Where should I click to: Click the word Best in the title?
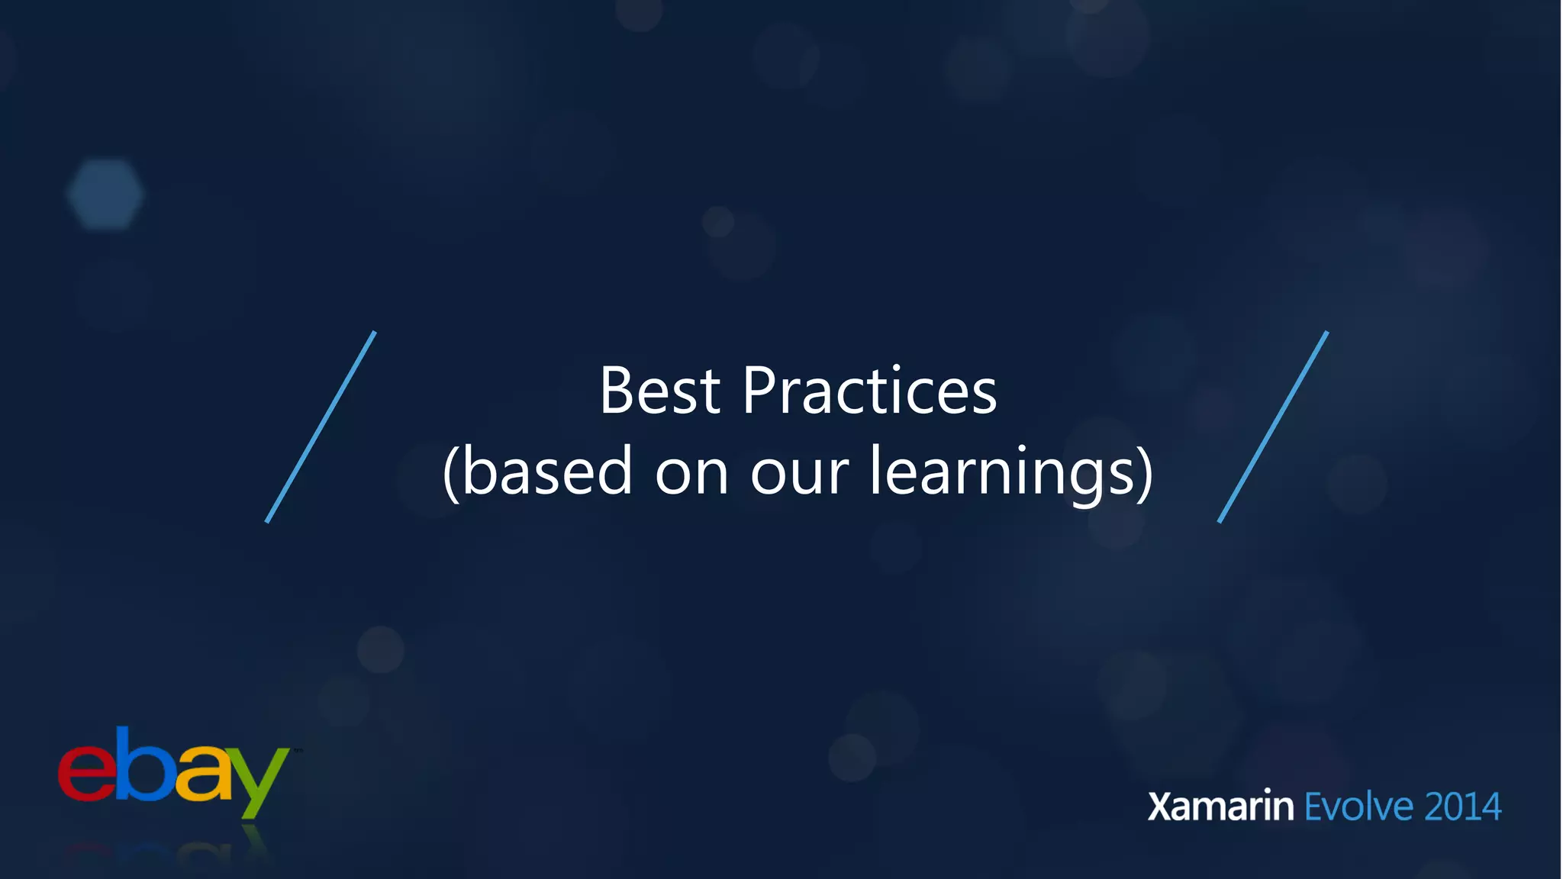pos(659,391)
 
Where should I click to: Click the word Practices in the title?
pos(869,391)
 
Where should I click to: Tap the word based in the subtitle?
pos(547,472)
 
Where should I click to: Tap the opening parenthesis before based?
pos(451,473)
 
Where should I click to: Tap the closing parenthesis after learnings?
pos(1145,473)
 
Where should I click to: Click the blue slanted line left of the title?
pos(321,427)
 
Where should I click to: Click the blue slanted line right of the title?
pos(1273,427)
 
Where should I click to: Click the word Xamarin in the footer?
pos(1220,807)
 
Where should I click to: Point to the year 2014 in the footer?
pos(1462,807)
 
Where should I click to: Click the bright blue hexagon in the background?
pos(105,194)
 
